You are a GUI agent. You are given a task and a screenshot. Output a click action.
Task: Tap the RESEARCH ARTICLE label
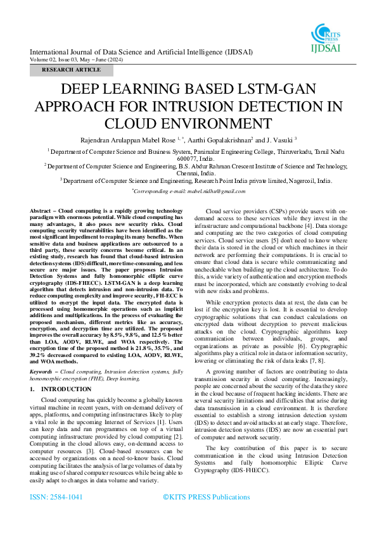[71, 70]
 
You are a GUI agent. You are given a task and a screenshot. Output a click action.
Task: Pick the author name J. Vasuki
[278, 139]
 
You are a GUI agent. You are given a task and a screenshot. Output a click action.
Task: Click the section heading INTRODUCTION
[66, 389]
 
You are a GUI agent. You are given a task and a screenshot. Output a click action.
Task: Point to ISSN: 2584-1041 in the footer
[56, 498]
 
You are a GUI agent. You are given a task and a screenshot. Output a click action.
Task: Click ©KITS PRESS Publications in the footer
[207, 498]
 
